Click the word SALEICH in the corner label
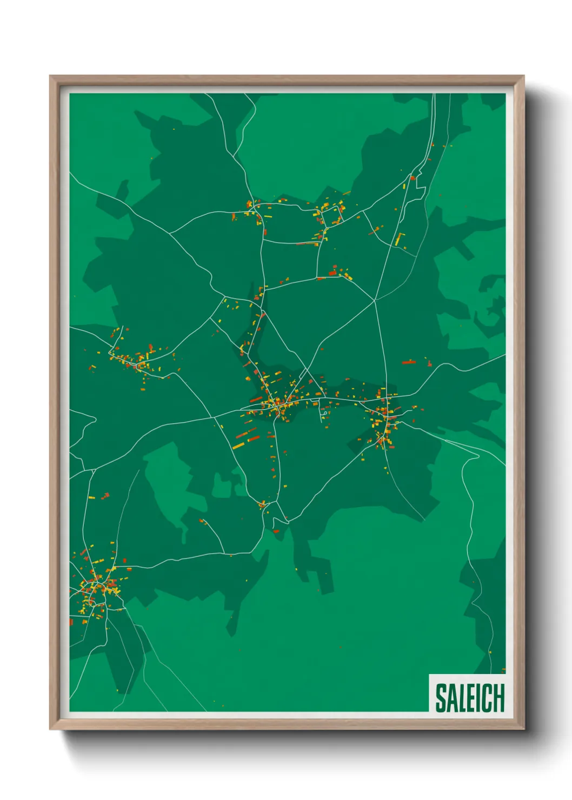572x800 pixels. pyautogui.click(x=469, y=698)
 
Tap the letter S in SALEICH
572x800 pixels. pyautogui.click(x=441, y=698)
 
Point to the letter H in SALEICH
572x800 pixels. pyautogui.click(x=498, y=698)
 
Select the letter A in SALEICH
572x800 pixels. pyautogui.click(x=451, y=698)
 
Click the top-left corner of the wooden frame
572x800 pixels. pyautogui.click(x=50, y=76)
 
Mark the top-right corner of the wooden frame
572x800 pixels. pyautogui.click(x=523, y=76)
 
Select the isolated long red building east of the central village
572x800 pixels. pyautogui.click(x=408, y=362)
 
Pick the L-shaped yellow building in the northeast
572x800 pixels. pyautogui.click(x=400, y=239)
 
